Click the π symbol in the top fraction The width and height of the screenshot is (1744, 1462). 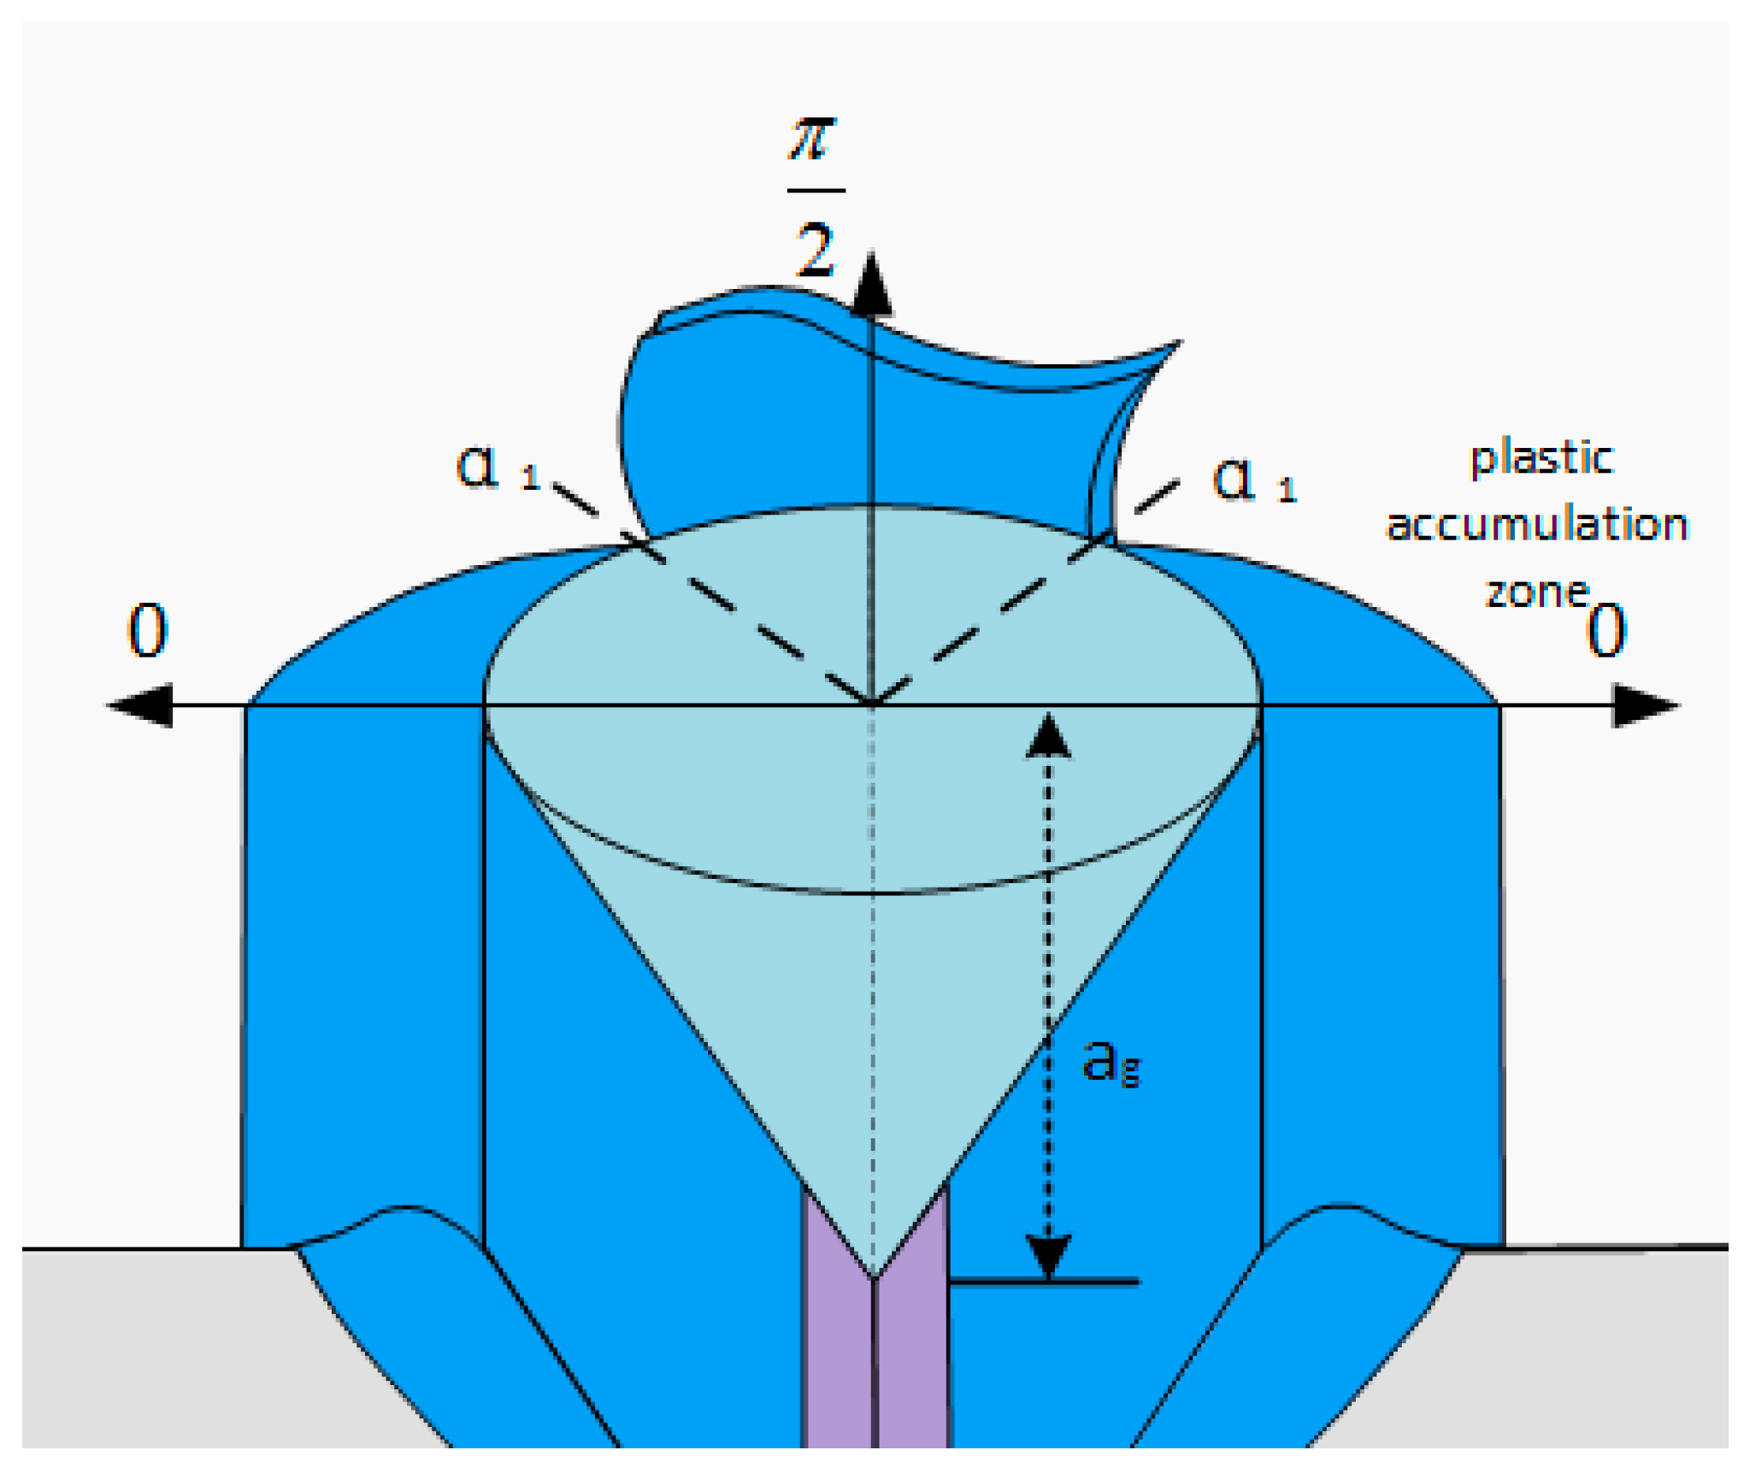[812, 139]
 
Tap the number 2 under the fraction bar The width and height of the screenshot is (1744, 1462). [815, 250]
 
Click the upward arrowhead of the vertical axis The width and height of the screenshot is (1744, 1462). [871, 286]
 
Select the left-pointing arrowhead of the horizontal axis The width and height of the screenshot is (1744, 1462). [141, 705]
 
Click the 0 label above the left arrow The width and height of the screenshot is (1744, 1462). [147, 630]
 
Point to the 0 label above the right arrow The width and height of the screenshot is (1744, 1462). [1606, 630]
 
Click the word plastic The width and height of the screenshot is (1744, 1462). [1541, 458]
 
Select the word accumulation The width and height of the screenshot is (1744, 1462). [1537, 524]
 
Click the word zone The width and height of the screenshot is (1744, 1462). [1536, 592]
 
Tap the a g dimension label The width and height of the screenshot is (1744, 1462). [1110, 1062]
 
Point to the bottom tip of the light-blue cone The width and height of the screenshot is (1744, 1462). [874, 1276]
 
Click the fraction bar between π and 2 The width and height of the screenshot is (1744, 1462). [816, 191]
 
